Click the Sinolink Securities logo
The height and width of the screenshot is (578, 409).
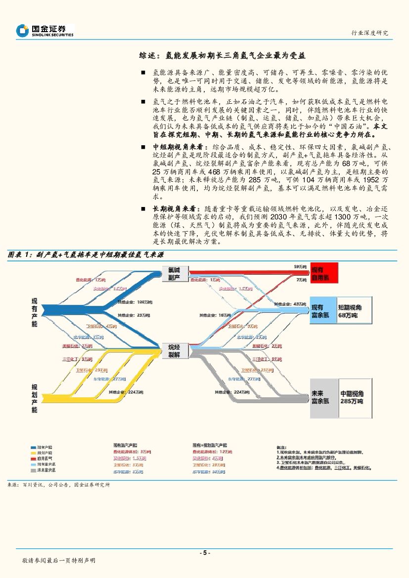point(45,31)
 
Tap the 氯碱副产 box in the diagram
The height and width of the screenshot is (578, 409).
point(174,274)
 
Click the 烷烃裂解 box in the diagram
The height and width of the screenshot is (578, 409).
point(174,349)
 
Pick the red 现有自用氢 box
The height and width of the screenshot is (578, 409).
point(323,273)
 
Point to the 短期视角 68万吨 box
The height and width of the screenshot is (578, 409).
point(354,311)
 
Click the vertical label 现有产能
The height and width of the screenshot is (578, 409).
point(34,312)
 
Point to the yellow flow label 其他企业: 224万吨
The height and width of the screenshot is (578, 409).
point(126,393)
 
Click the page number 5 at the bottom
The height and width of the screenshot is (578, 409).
point(204,553)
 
